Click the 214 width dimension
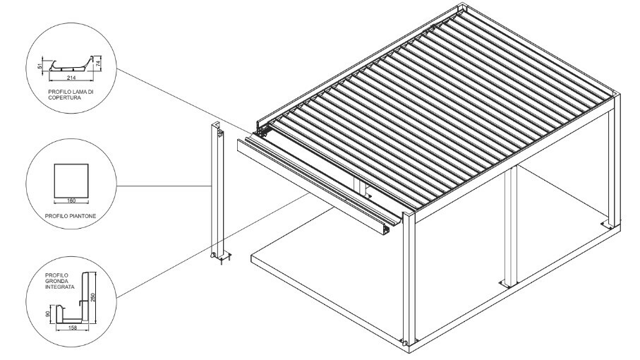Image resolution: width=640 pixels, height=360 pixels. point(71,77)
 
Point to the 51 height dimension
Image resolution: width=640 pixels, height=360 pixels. point(40,66)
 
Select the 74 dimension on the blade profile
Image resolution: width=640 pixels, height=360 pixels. point(97,64)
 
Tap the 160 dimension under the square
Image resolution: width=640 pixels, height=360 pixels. point(71,200)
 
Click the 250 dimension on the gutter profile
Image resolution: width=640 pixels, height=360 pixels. point(92,296)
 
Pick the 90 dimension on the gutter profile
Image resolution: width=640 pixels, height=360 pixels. point(48,314)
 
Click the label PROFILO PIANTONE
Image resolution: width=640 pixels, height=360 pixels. point(71,216)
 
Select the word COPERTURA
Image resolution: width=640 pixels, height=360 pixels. point(64,98)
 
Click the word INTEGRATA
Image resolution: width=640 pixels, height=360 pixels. point(59,287)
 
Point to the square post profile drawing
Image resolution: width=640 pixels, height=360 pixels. point(71,181)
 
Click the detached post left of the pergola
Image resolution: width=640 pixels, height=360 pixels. point(218,190)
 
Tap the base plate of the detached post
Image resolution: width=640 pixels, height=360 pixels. point(222,257)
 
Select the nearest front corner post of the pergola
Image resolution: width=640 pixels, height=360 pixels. point(409,277)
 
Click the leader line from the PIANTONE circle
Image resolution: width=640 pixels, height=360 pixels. point(164,186)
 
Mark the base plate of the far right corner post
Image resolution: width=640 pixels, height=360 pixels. point(610,224)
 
